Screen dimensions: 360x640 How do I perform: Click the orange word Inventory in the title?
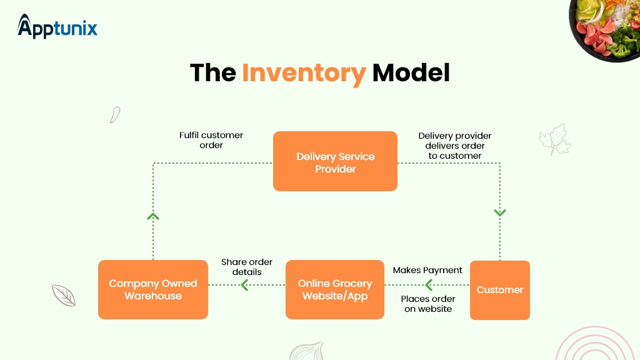click(304, 73)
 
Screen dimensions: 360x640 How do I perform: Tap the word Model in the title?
click(411, 73)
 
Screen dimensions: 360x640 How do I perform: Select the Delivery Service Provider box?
click(335, 161)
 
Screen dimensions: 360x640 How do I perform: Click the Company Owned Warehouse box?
click(153, 289)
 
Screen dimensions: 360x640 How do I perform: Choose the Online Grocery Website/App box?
click(335, 289)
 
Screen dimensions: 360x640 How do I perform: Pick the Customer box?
click(499, 290)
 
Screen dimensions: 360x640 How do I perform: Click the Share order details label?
click(247, 267)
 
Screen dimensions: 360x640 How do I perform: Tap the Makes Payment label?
click(427, 270)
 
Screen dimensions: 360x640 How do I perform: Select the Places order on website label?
click(428, 304)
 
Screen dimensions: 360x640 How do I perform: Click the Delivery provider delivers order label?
click(455, 146)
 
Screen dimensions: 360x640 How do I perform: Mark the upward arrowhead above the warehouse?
click(153, 216)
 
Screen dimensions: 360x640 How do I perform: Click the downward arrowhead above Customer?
click(499, 212)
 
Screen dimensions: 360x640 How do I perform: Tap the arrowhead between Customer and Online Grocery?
click(429, 286)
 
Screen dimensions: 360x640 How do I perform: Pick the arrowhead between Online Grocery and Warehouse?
click(244, 286)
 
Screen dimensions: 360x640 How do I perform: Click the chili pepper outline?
click(114, 114)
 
